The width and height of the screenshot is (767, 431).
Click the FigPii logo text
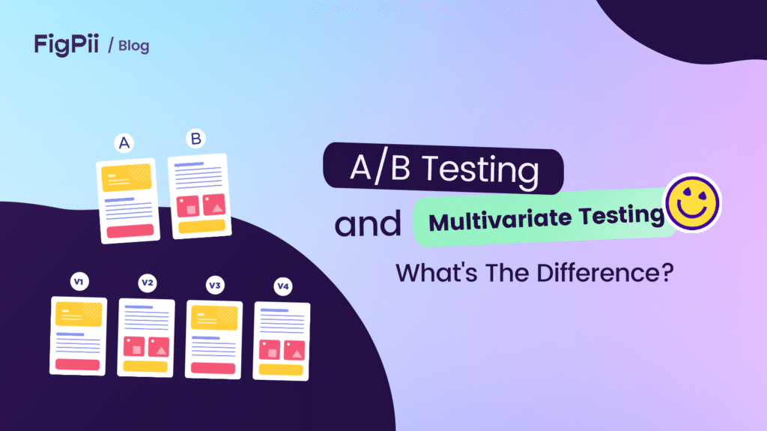coord(67,44)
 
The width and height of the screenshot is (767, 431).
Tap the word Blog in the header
coord(133,46)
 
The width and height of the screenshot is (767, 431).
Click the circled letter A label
coord(122,142)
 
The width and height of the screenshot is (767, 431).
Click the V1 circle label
coord(79,282)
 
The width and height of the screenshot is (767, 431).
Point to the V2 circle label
coord(148,283)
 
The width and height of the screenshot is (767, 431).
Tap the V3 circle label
coord(215,285)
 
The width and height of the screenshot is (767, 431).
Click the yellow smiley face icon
coord(693,202)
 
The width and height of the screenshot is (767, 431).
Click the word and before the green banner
coord(368,224)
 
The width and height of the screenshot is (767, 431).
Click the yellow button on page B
coord(199,226)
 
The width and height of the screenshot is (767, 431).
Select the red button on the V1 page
coord(78,364)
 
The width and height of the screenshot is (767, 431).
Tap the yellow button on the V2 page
coord(146,367)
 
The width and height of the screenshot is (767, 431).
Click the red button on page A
coord(130,230)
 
